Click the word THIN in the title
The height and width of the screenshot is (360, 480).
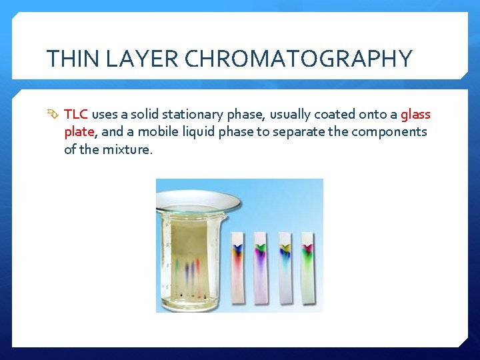69,59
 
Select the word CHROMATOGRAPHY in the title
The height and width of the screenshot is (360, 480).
298,59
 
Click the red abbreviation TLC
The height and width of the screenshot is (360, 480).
76,115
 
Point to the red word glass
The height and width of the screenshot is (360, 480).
415,115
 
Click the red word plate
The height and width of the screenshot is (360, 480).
80,131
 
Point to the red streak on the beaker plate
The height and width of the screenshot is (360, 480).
198,270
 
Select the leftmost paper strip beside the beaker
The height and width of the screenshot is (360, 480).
238,267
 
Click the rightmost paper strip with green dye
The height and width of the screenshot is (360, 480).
307,267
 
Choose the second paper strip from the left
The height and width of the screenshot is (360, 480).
261,267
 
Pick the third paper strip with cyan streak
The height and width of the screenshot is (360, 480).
285,267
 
